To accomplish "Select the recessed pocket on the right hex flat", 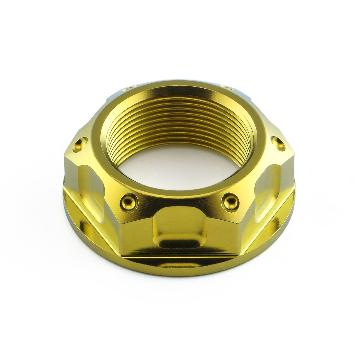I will pyautogui.click(x=267, y=183).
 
